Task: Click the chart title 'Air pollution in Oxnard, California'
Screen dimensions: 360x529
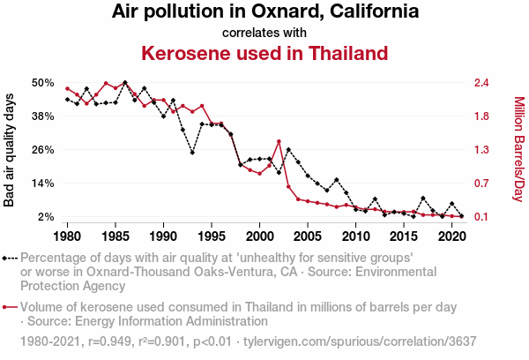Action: point(264,12)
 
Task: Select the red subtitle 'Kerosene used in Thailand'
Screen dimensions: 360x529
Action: point(264,53)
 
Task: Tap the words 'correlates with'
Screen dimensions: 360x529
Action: point(264,33)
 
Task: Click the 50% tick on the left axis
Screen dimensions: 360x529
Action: point(43,82)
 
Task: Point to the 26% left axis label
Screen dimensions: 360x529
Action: point(43,149)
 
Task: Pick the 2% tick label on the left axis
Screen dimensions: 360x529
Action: point(47,217)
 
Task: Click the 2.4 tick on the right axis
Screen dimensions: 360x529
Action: point(481,82)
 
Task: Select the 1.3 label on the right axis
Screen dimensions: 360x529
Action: point(481,149)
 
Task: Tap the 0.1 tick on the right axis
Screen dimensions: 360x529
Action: point(481,217)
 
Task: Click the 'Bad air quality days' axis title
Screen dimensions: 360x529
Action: point(10,150)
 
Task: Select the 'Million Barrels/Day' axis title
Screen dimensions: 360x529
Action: point(518,150)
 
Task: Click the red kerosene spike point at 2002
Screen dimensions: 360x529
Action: point(279,141)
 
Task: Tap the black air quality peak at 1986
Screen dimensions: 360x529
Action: point(125,82)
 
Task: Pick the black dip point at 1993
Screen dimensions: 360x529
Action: point(192,153)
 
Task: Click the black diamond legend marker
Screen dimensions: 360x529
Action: point(6,259)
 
